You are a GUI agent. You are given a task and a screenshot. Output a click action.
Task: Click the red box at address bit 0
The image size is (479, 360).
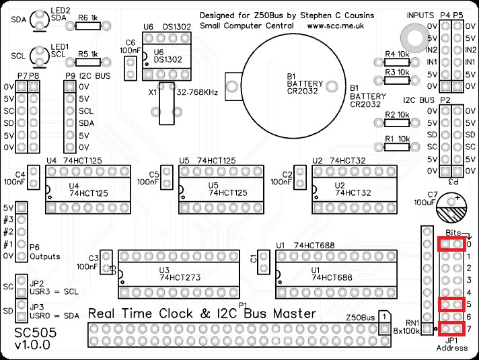(x=451, y=244)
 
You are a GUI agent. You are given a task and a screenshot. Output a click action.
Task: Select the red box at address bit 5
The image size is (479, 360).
(x=451, y=305)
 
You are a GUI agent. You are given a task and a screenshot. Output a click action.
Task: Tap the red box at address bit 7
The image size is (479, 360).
(x=451, y=328)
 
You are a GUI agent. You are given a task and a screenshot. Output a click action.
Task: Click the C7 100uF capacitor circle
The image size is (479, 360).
(x=450, y=209)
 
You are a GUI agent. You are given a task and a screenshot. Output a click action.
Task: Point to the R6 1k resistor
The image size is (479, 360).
(x=88, y=26)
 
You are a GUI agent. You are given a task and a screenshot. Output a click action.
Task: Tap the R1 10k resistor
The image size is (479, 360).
(x=396, y=147)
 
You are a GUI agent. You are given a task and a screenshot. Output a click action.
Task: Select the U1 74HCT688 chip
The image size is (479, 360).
(x=333, y=275)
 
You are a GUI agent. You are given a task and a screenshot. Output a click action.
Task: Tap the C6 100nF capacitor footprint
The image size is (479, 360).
(x=130, y=66)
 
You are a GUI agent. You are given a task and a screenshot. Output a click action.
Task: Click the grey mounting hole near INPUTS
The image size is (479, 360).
(x=410, y=34)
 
